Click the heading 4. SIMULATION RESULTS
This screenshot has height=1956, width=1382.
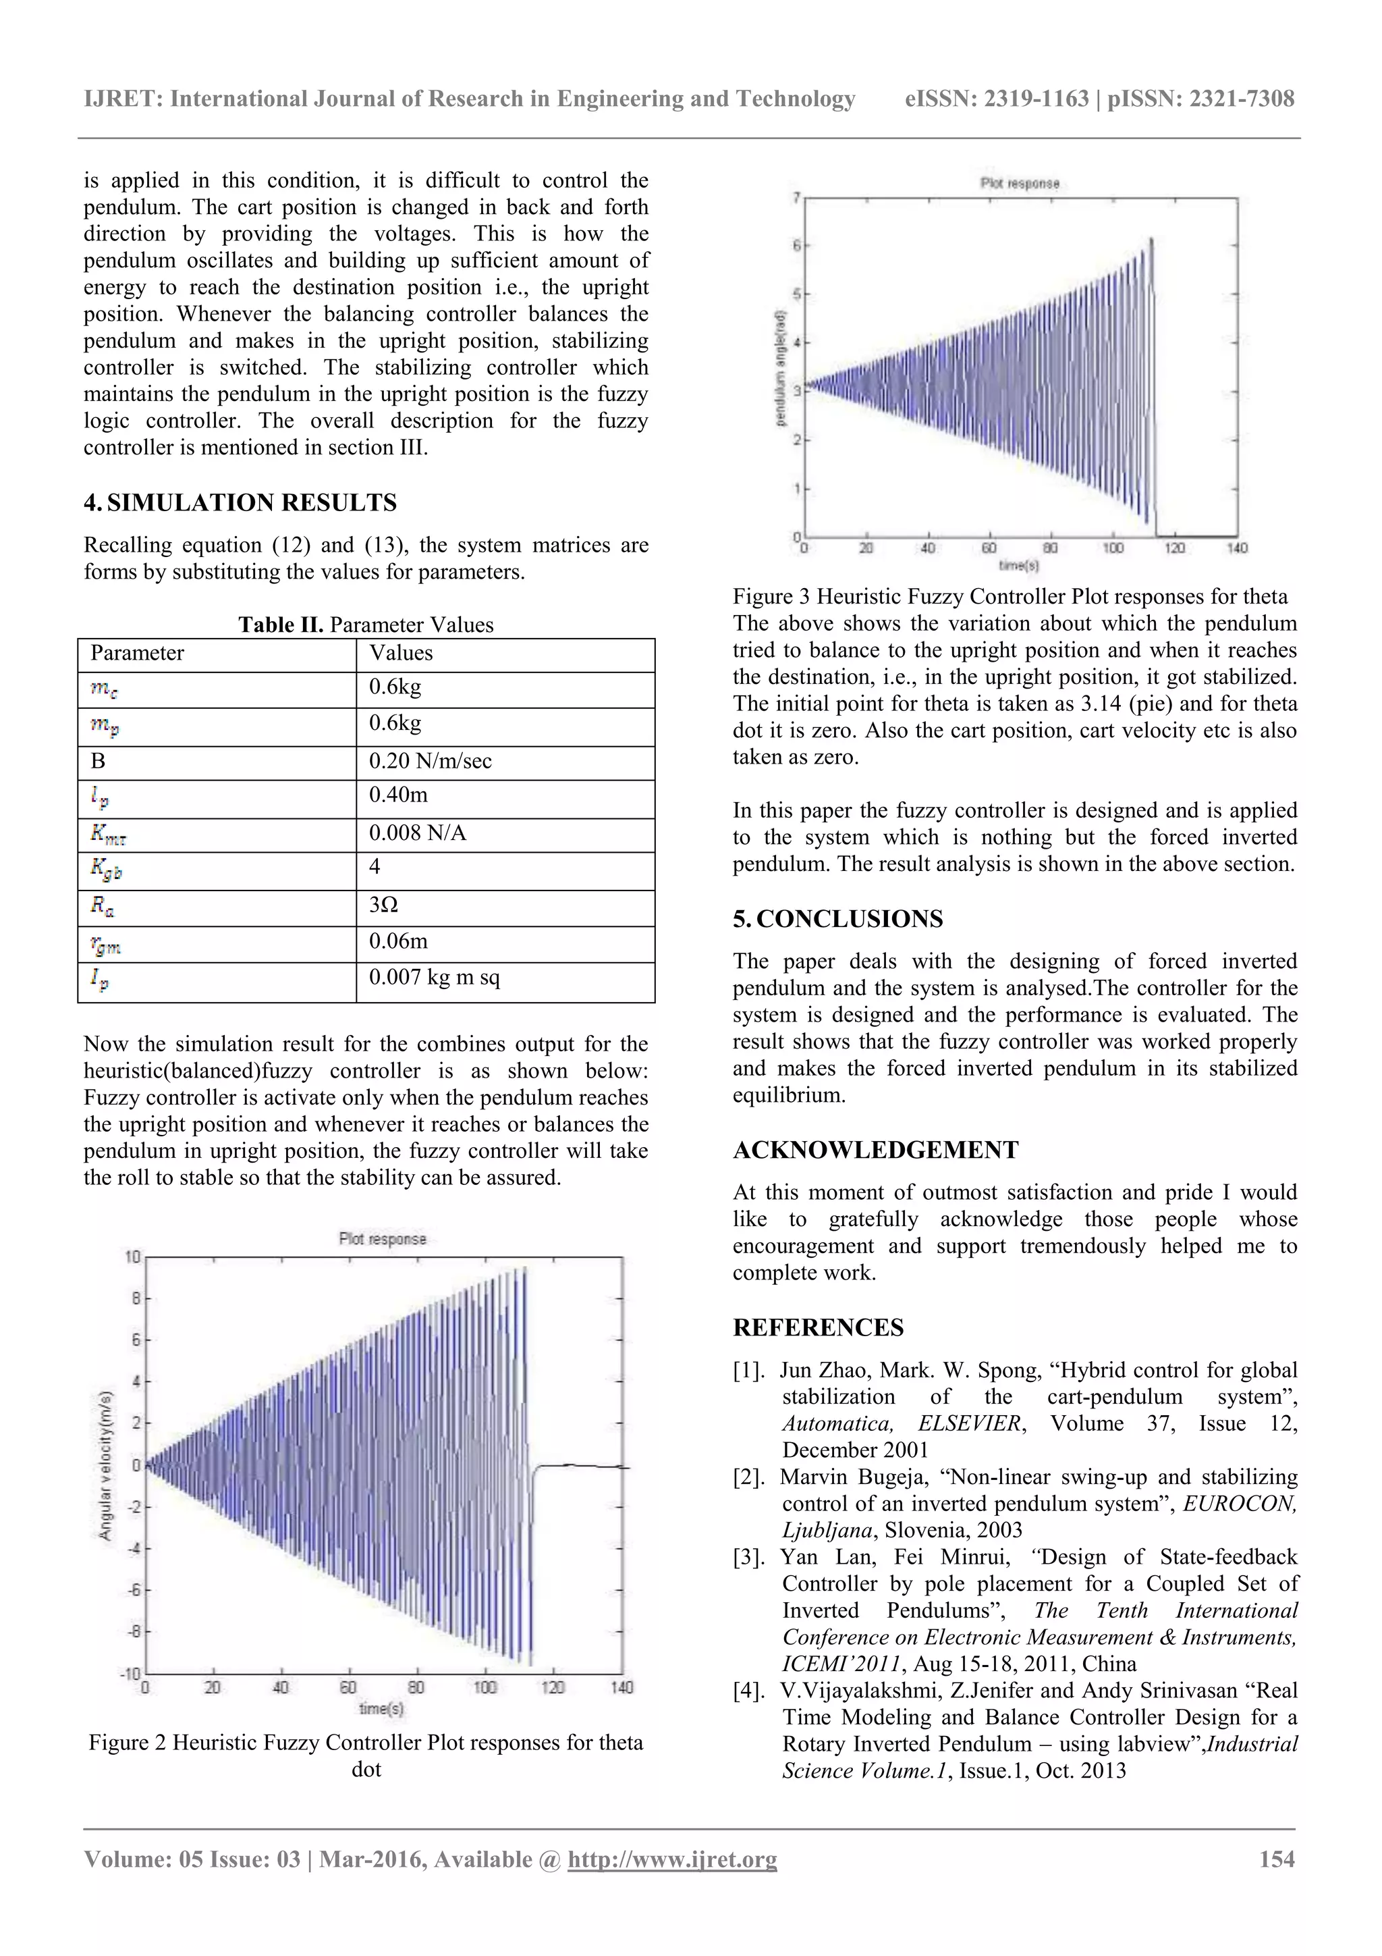(x=240, y=502)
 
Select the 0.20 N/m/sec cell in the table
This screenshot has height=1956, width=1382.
(x=430, y=761)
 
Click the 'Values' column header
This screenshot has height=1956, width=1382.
(x=400, y=653)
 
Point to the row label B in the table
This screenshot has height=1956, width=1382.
(x=98, y=761)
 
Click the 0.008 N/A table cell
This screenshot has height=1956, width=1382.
(x=417, y=832)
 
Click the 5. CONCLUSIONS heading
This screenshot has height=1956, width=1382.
(x=838, y=918)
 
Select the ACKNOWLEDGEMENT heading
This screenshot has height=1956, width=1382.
(x=875, y=1149)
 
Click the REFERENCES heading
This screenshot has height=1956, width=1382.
(x=819, y=1327)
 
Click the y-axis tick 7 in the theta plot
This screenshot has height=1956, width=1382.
(x=796, y=198)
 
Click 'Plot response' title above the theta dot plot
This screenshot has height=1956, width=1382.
(x=383, y=1239)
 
